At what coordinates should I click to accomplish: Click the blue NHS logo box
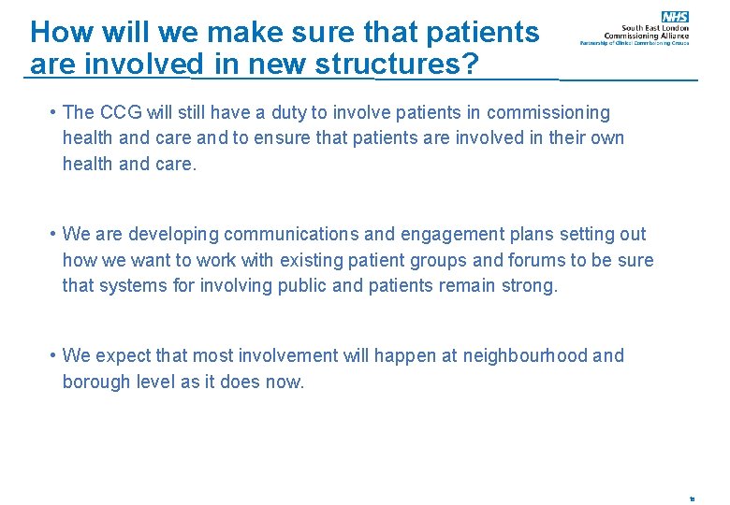[x=675, y=17]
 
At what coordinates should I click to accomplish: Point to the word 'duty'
[x=284, y=113]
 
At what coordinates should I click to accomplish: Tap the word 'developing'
[x=171, y=235]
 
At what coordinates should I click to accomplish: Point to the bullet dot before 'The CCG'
[x=54, y=113]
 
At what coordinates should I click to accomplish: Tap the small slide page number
[x=692, y=499]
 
